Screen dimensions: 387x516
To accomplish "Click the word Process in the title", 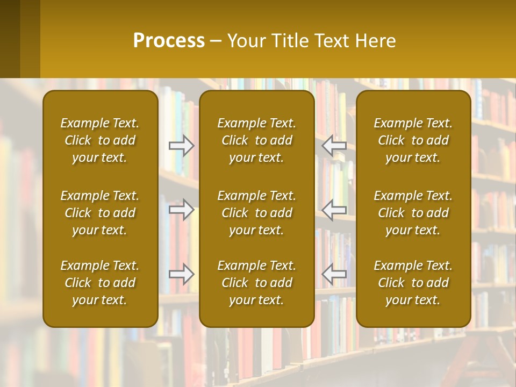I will (169, 41).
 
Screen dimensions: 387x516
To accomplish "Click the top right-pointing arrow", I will (182, 146).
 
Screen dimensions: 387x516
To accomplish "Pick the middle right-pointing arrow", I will (182, 210).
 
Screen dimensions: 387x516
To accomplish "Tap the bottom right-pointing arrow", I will (182, 274).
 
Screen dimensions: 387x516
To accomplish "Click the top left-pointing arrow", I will (334, 146).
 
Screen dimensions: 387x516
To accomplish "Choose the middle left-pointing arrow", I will (334, 210).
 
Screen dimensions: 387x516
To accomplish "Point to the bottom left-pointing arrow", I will (334, 274).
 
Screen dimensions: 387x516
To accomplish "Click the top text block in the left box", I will (100, 140).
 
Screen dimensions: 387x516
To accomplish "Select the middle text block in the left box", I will (100, 213).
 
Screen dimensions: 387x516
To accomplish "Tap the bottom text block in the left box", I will (100, 283).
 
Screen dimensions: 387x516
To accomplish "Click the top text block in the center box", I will (256, 140).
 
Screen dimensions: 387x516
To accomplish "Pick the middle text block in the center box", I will (256, 213).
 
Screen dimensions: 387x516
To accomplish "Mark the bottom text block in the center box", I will (256, 283).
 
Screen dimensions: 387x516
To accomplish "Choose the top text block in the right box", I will (413, 140).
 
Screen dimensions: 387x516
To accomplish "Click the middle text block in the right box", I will (413, 213).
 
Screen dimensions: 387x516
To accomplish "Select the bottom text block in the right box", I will (413, 283).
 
